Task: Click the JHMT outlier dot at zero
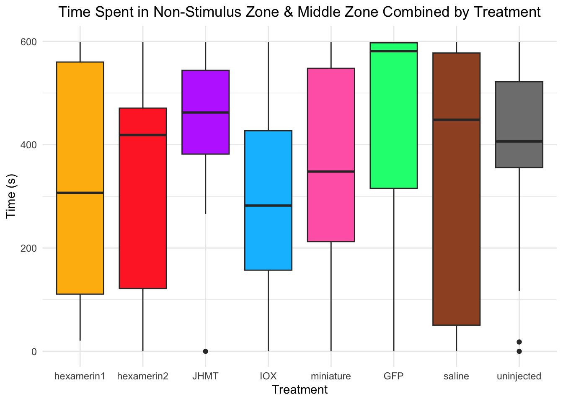tap(205, 351)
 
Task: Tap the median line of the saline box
tap(456, 120)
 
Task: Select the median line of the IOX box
tap(268, 206)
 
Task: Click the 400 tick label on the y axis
tap(29, 145)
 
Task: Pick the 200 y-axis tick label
tap(29, 248)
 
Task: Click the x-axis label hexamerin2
tap(143, 376)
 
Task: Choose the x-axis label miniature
tap(331, 376)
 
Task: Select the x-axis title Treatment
tap(300, 390)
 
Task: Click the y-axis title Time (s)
tap(11, 196)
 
